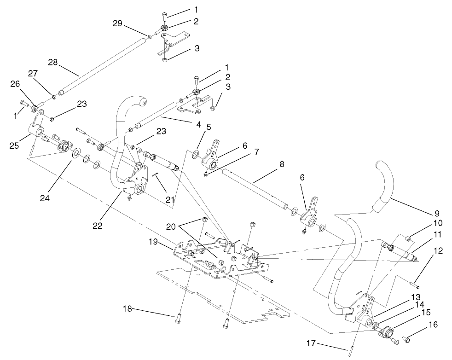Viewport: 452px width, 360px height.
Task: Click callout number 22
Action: [x=98, y=226]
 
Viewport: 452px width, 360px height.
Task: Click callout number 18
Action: [x=127, y=308]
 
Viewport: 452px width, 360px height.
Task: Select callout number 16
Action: [x=433, y=325]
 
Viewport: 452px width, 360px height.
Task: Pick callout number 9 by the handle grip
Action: [x=436, y=214]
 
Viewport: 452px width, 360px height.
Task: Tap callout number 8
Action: [x=281, y=163]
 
